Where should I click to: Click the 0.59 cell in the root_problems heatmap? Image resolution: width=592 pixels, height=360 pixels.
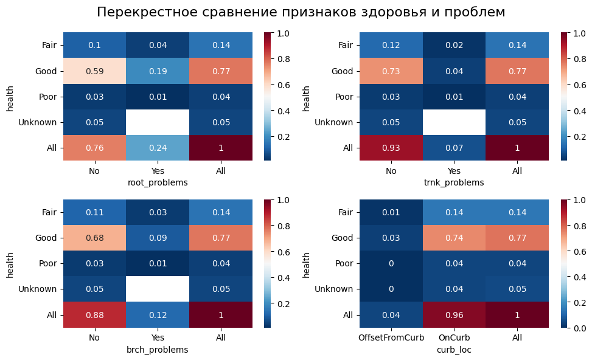[x=94, y=71]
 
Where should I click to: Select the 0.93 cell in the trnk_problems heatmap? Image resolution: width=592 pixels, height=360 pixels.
[x=391, y=148]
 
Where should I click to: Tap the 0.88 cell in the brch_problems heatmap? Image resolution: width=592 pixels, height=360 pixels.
[x=94, y=315]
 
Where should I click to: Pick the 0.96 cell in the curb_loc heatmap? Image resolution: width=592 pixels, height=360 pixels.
[x=453, y=315]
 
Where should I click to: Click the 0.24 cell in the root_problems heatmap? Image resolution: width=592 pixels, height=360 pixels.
[x=158, y=148]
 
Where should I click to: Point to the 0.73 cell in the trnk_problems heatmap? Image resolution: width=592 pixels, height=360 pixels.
[x=391, y=71]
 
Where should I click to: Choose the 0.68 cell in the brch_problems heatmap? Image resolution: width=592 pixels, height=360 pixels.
[x=94, y=238]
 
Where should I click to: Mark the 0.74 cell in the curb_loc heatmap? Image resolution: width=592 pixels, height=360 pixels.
[x=453, y=238]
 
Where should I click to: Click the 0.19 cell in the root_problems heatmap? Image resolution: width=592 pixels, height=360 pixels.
[x=158, y=71]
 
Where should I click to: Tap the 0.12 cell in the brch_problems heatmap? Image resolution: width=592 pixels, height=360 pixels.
[x=158, y=315]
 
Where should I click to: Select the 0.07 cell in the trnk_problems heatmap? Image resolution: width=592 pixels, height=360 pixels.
[x=454, y=148]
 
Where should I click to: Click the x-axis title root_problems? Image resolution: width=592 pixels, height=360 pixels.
[x=158, y=182]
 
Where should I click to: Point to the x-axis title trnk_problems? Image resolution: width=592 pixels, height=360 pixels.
[x=454, y=182]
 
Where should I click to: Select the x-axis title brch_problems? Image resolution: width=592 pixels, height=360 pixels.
[x=158, y=350]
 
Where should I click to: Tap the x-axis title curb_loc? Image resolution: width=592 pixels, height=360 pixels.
[x=453, y=350]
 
